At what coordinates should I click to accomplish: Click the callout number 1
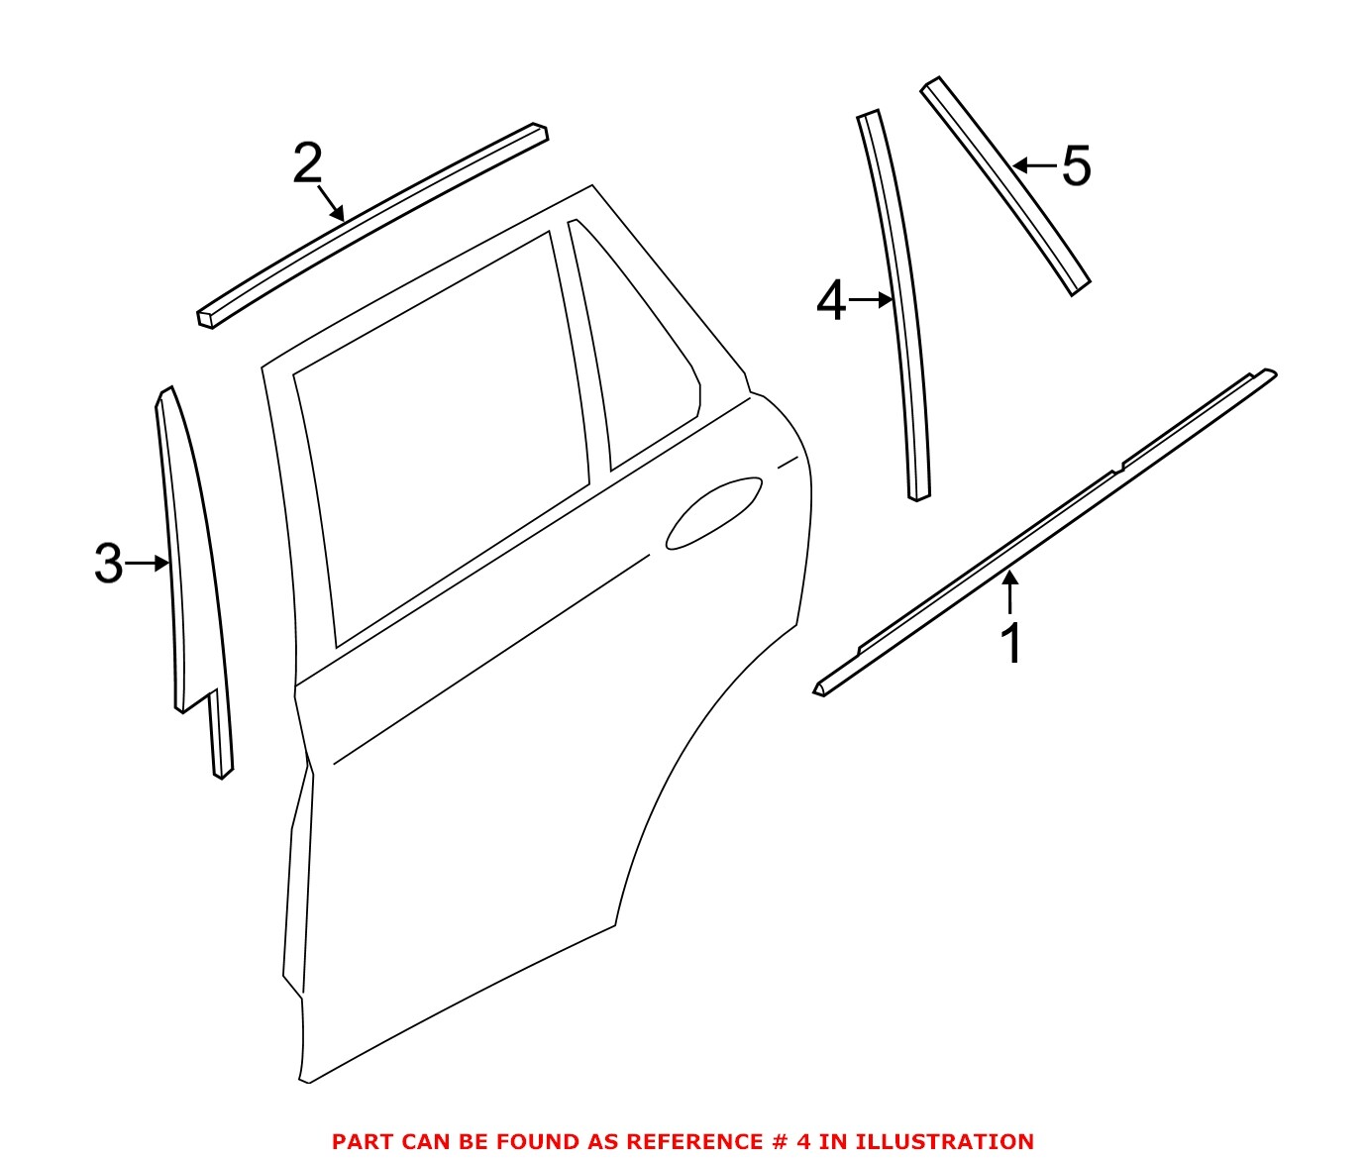pos(1011,644)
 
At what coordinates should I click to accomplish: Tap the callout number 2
pos(308,163)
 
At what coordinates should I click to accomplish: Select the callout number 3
pos(108,564)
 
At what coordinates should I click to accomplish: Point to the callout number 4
pos(831,301)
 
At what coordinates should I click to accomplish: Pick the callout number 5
pos(1076,166)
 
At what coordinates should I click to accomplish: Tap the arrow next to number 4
pos(872,300)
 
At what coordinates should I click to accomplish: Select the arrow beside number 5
pos(1034,165)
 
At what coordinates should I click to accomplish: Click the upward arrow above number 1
pos(1009,592)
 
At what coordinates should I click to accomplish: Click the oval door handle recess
pos(713,512)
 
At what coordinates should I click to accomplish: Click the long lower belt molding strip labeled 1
pos(1040,535)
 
